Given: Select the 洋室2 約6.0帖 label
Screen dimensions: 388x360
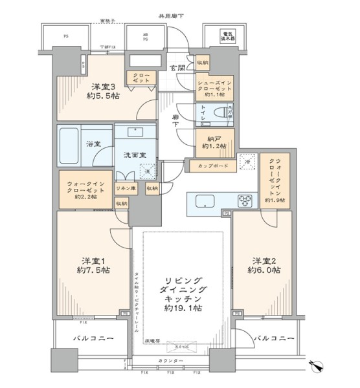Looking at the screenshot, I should click(264, 266).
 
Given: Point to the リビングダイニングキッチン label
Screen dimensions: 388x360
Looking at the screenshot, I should click(177, 294).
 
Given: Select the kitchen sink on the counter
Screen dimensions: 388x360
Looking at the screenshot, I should click(205, 201).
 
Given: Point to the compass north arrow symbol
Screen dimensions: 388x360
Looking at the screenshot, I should click(319, 367).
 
